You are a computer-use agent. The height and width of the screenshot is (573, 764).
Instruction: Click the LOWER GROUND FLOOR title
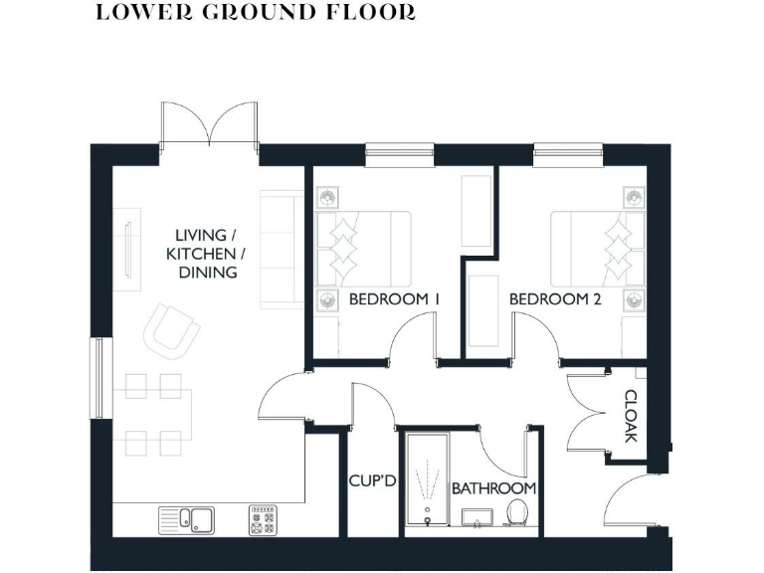coord(256,13)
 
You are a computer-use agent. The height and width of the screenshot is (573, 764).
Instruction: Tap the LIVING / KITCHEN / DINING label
coord(206,254)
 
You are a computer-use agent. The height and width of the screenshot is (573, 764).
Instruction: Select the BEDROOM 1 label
coord(394,299)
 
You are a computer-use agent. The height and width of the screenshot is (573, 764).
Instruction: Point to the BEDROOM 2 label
coord(555,299)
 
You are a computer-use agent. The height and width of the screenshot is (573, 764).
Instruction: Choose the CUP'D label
coord(373,482)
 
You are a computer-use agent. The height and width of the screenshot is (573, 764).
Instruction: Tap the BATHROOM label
coord(493,488)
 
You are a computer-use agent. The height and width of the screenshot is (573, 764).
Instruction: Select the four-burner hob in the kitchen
coord(263,519)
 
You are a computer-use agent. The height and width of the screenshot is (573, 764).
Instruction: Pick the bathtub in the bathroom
coord(428,480)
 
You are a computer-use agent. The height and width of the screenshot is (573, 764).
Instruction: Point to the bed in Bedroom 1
coord(363,248)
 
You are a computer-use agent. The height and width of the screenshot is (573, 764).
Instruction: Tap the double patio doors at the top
coord(209,124)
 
